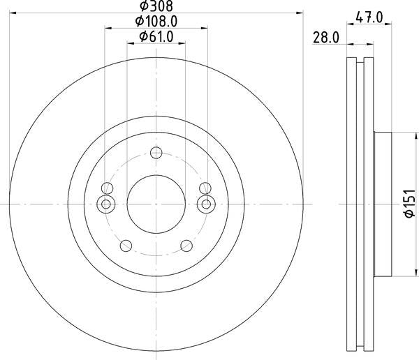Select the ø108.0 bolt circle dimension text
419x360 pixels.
(156, 21)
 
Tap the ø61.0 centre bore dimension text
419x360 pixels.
(156, 36)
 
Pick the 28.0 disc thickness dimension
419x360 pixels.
(325, 39)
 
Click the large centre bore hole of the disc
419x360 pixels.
(156, 204)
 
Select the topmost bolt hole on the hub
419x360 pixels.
(156, 153)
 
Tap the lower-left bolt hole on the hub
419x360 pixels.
(126, 246)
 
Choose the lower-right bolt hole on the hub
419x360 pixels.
(186, 246)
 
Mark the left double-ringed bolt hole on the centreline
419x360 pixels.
(106, 204)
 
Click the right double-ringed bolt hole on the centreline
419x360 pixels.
(205, 204)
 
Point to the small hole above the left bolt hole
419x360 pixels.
(106, 188)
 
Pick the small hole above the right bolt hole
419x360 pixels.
(205, 188)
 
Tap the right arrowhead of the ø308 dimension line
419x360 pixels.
(302, 12)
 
